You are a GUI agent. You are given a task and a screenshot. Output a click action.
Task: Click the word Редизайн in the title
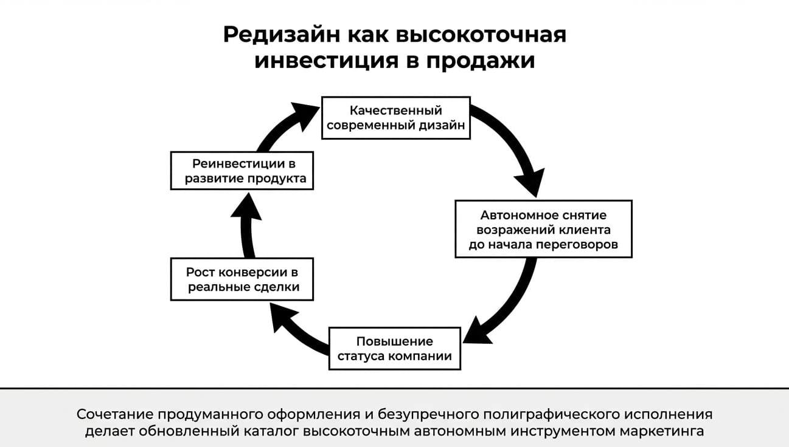point(282,35)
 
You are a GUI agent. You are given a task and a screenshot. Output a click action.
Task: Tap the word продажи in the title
point(481,60)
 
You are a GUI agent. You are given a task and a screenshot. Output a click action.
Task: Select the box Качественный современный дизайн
point(396,118)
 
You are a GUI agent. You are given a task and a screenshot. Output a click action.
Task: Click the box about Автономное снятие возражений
point(543,229)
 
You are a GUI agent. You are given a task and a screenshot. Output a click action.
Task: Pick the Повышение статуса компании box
point(394,349)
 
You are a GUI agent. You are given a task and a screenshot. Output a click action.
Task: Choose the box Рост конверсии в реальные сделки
point(242,279)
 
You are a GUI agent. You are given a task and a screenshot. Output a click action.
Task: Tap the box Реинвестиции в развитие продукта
point(242,171)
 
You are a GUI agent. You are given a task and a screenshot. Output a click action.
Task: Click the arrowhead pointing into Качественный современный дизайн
point(305,115)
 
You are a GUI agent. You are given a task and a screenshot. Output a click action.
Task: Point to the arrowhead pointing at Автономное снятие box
point(530,182)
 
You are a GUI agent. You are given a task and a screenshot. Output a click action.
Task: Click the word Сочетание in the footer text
point(114,414)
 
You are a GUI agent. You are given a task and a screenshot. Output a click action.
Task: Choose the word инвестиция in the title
point(327,61)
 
